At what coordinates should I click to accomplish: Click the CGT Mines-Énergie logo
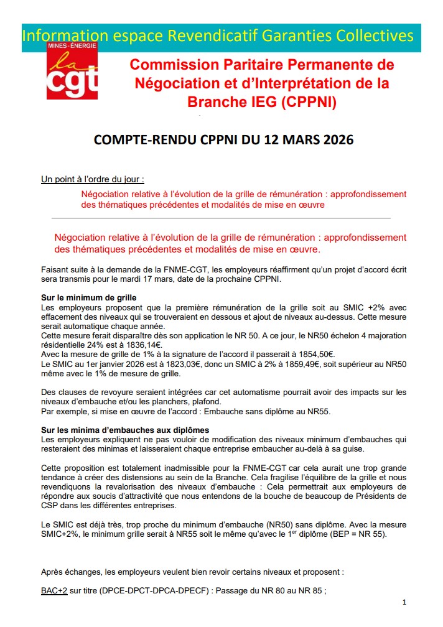(x=72, y=72)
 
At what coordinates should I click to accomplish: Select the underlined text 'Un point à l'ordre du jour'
(x=92, y=180)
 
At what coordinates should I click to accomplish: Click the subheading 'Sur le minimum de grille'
(x=88, y=298)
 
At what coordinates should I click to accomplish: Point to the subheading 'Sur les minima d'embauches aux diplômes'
(x=124, y=430)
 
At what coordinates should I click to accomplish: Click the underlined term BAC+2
(x=54, y=591)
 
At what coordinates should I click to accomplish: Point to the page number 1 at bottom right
(x=404, y=603)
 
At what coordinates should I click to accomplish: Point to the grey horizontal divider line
(x=221, y=218)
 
